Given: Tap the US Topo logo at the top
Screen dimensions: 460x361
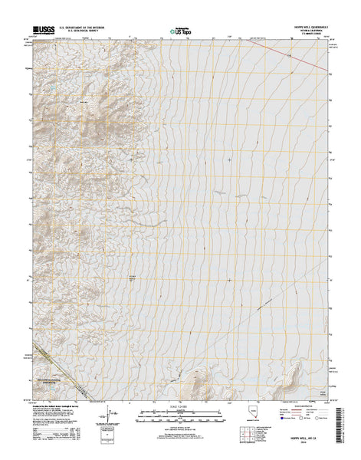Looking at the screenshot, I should pos(181,33).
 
